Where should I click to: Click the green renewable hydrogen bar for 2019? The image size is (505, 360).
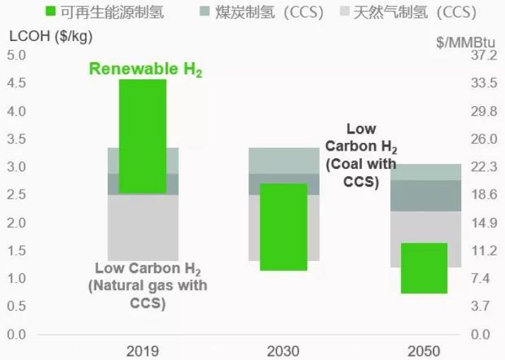pos(142,136)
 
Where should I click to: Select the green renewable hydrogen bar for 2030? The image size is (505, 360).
pos(284,227)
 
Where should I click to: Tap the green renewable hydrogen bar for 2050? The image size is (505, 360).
pos(424,268)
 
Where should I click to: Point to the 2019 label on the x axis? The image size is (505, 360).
pos(142,351)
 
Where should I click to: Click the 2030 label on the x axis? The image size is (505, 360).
pos(284,351)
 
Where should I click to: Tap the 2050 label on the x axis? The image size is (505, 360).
pos(424,351)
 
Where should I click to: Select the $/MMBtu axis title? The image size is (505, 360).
pos(467,41)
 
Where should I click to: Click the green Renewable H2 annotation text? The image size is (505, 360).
pos(146,69)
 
